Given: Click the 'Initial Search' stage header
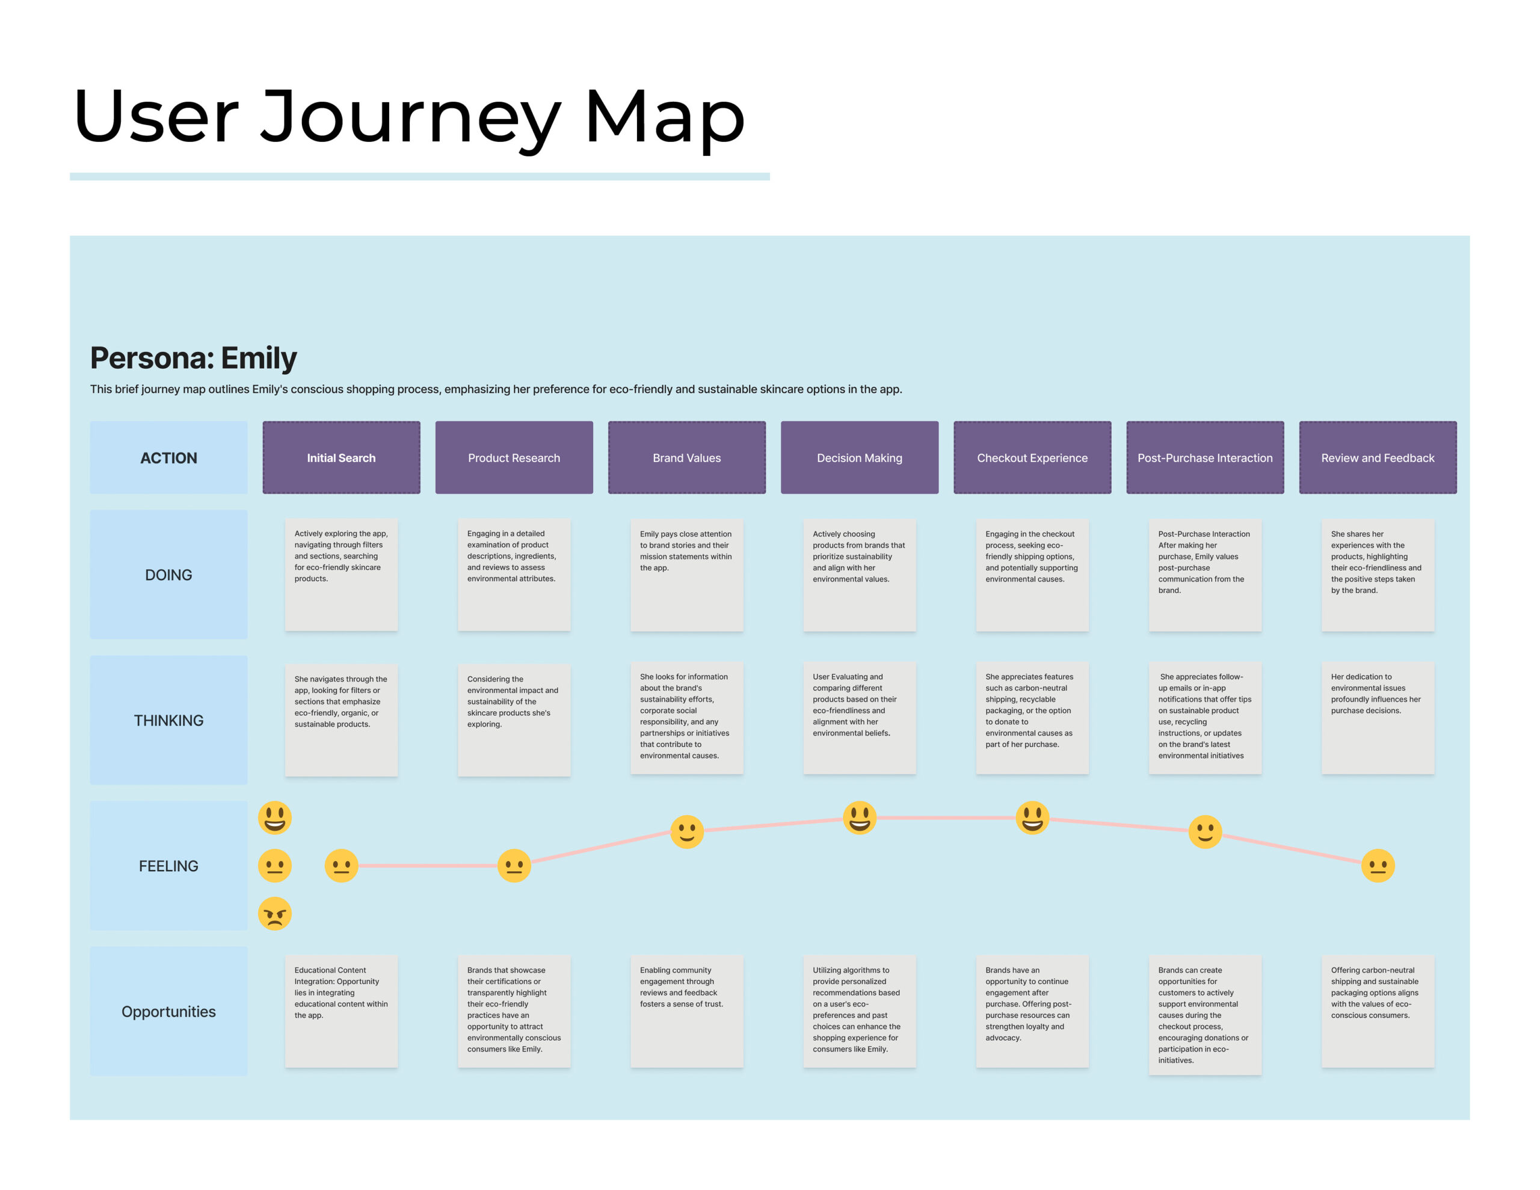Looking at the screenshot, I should (341, 458).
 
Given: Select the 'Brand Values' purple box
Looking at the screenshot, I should (687, 458).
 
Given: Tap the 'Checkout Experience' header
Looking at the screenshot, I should (1032, 458).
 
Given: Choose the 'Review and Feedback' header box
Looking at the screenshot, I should (1378, 458).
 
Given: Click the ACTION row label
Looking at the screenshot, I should (168, 458).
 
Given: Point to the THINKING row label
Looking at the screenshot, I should (168, 720).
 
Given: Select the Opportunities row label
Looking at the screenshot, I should (168, 1011).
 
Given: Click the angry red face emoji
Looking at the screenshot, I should (275, 914).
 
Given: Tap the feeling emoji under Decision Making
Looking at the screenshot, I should (860, 818).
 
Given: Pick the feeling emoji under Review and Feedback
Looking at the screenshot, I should (1378, 866).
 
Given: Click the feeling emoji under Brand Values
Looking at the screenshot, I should (687, 833).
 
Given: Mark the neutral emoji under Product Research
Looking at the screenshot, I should (514, 866).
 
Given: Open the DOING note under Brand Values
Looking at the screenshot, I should (687, 575).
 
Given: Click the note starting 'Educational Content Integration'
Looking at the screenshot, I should (341, 1011).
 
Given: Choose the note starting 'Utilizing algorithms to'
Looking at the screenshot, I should (860, 1011).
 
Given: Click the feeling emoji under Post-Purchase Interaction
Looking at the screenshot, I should (1205, 833).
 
